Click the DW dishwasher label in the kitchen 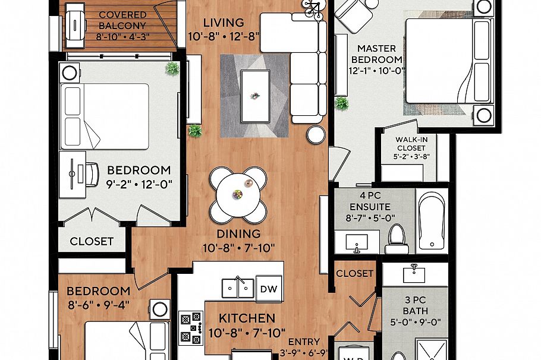[269, 289]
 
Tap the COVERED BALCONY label [122, 20]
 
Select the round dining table [238, 195]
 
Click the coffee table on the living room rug [255, 96]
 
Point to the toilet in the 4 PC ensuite [397, 239]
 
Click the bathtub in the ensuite [431, 220]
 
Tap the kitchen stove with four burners [191, 328]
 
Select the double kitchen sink [238, 288]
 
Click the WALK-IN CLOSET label [411, 144]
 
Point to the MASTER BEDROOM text [377, 54]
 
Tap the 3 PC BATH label [415, 305]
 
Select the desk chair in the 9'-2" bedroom [91, 175]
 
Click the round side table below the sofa [316, 134]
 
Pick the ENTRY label [304, 342]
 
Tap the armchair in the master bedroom [354, 15]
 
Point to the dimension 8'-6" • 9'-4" [98, 305]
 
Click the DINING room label [238, 234]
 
